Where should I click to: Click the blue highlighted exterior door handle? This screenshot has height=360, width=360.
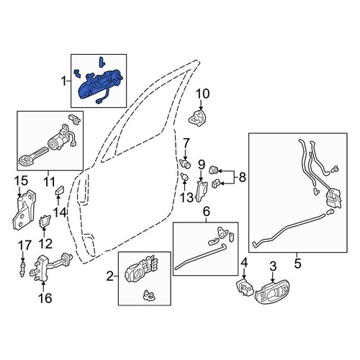(x=99, y=85)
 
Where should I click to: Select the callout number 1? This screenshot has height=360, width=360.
(x=63, y=81)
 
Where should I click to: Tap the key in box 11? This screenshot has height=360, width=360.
(x=33, y=156)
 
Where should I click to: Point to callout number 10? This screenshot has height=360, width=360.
(x=203, y=94)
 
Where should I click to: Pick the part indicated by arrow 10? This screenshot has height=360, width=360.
(x=198, y=119)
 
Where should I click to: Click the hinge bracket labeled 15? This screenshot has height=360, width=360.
(x=24, y=210)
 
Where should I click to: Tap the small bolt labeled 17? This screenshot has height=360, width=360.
(x=22, y=269)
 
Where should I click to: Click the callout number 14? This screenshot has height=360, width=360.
(x=60, y=212)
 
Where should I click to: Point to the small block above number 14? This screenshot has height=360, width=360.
(x=60, y=190)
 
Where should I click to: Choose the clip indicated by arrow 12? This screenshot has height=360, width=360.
(x=45, y=221)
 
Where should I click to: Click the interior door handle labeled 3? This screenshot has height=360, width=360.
(x=272, y=292)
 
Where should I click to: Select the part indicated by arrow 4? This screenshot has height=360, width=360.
(x=245, y=288)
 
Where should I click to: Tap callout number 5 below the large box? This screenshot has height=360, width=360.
(x=297, y=264)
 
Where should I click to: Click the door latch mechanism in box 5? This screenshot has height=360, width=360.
(x=333, y=199)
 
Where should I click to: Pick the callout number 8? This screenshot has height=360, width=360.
(x=243, y=178)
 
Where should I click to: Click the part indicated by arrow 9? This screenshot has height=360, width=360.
(x=202, y=191)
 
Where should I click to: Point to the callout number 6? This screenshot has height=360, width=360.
(x=207, y=212)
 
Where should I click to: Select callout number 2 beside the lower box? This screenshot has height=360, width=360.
(x=109, y=276)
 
